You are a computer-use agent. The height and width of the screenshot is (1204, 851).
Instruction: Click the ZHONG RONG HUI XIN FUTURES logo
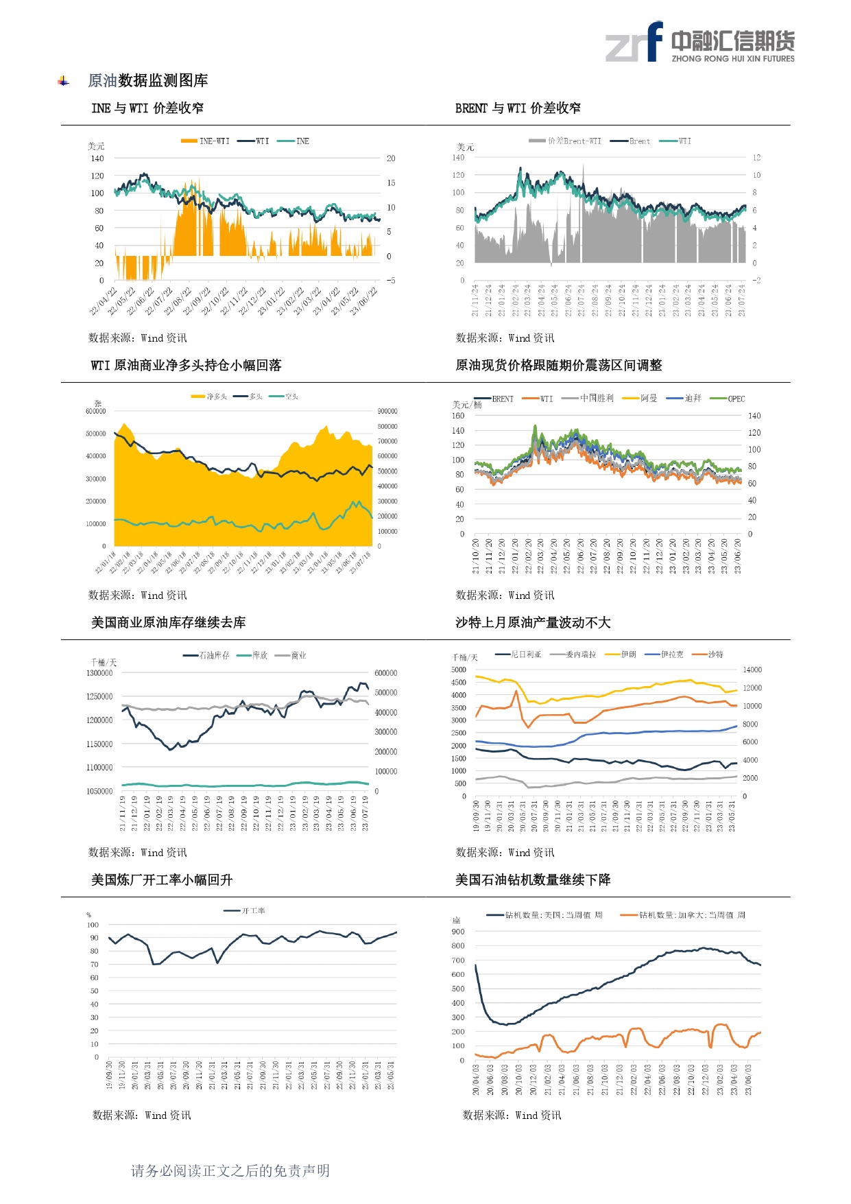coord(699,43)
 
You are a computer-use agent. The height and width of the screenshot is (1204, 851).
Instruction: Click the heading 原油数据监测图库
coord(147,81)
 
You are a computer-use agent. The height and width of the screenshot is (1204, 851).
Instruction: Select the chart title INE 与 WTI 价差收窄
coord(147,108)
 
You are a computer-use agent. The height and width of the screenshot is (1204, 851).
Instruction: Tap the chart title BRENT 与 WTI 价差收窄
coord(518,108)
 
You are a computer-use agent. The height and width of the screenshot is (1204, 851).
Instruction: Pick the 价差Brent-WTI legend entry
coord(566,141)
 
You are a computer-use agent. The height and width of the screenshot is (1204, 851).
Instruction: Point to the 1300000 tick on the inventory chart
coord(99,673)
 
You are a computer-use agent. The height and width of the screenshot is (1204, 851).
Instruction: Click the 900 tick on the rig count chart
coord(458,932)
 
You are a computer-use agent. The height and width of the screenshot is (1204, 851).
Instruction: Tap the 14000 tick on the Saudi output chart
coord(752,670)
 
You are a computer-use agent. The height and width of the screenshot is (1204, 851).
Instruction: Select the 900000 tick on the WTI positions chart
coord(387,412)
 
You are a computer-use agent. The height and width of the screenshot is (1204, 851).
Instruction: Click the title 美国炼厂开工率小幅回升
coord(162,880)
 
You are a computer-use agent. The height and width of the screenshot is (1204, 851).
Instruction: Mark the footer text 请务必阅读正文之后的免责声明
coord(230,1170)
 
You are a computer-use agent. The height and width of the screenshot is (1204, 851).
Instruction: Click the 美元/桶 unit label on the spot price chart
coord(467,405)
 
